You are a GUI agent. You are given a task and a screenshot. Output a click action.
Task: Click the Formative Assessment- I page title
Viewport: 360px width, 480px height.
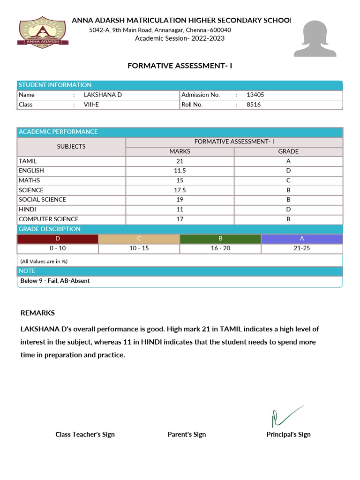click(x=180, y=66)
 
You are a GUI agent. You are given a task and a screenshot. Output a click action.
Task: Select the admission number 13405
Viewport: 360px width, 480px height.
click(x=255, y=95)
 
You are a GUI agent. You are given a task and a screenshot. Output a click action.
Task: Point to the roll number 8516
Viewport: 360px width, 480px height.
click(x=254, y=105)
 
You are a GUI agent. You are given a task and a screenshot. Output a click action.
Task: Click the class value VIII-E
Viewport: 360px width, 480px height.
click(x=91, y=105)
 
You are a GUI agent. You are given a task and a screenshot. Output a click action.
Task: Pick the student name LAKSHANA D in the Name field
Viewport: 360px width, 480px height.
click(x=103, y=95)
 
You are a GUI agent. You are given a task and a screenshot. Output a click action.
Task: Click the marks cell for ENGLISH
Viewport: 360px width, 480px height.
click(x=180, y=171)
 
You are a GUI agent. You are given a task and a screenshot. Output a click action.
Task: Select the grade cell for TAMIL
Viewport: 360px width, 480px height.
click(x=288, y=161)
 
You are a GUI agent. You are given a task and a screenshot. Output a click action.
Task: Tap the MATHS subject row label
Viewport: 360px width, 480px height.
click(x=29, y=180)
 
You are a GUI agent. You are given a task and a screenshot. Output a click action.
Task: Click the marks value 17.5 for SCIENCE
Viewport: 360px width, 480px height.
click(x=180, y=190)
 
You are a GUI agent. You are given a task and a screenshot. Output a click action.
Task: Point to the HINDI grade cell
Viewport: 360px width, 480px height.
click(x=288, y=210)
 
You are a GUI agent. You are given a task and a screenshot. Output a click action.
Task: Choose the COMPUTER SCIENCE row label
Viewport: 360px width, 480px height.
click(x=48, y=219)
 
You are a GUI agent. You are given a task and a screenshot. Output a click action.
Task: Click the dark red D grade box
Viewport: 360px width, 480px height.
click(x=58, y=239)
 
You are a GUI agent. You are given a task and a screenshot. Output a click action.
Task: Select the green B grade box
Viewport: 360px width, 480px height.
click(x=220, y=239)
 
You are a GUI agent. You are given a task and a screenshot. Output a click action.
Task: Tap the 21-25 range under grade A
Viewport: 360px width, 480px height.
click(x=302, y=248)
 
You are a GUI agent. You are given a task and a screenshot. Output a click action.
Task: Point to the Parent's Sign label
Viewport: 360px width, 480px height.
click(x=187, y=435)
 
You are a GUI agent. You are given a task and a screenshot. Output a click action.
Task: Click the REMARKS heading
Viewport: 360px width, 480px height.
click(x=37, y=313)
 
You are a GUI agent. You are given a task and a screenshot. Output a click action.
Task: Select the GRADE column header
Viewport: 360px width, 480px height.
click(x=288, y=151)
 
